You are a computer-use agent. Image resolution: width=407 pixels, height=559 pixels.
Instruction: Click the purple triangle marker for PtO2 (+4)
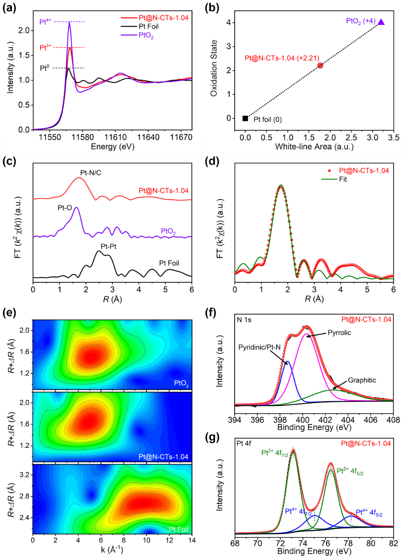pos(381,22)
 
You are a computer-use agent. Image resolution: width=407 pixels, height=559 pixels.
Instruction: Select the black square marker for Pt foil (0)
pos(245,118)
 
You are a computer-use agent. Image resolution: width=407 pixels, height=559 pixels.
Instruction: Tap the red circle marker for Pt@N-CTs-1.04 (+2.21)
pos(320,65)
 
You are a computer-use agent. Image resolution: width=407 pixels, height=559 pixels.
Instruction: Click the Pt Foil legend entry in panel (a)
pos(148,26)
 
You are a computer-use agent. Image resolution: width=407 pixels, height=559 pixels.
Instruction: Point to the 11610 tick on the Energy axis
pos(116,137)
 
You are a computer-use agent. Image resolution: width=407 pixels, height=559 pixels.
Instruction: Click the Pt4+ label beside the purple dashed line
pos(45,22)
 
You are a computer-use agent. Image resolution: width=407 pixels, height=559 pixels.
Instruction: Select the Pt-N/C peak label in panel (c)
pos(90,173)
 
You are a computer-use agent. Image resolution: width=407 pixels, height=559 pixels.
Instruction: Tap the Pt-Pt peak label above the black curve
pos(109,247)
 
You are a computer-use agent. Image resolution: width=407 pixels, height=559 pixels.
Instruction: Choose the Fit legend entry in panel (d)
pos(343,179)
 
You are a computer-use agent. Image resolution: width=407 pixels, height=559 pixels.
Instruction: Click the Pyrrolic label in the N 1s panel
pos(339,333)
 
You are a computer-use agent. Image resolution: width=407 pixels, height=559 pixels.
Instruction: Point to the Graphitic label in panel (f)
pos(362,380)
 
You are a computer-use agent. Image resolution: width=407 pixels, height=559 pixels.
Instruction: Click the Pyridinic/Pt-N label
pos(259,347)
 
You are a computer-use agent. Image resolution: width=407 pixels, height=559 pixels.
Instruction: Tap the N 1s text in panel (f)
pos(244,320)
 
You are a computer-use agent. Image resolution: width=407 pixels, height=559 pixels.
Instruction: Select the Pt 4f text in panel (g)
pos(244,443)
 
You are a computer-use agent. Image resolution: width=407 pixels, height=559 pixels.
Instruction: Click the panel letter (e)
pos(9,312)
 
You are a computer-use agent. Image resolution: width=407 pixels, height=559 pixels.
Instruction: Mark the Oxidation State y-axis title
pos(214,68)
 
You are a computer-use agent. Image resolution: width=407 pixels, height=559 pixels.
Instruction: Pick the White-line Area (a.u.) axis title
pos(314,147)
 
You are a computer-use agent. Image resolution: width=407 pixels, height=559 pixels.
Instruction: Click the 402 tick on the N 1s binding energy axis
pos(325,420)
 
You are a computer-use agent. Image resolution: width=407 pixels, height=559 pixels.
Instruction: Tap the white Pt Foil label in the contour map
pos(179,530)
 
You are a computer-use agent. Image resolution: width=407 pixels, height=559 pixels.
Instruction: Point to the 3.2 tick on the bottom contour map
pos(24,475)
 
